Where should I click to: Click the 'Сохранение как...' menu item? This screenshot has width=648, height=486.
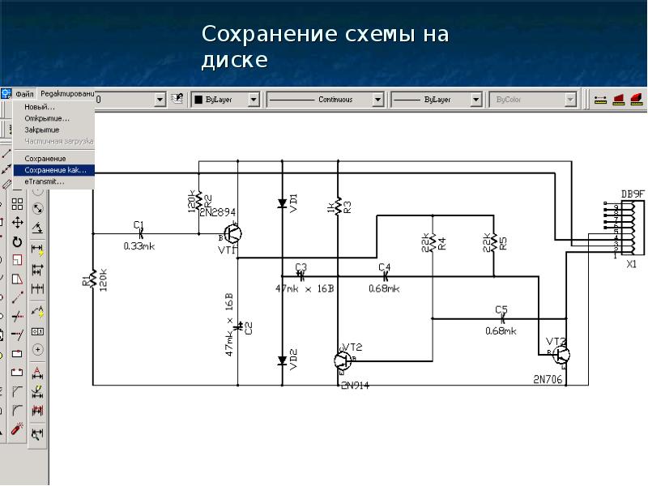(x=55, y=170)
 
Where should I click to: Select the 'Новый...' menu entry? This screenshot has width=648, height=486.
(x=40, y=107)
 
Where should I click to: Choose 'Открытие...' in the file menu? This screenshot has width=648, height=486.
(x=46, y=118)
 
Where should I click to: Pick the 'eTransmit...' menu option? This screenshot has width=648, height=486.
(x=45, y=182)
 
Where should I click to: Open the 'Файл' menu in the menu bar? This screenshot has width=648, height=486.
(x=24, y=94)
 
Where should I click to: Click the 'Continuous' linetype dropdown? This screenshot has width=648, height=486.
(x=325, y=100)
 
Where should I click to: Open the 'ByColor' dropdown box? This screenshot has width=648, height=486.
(x=534, y=100)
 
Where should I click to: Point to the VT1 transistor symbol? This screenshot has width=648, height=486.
(x=232, y=234)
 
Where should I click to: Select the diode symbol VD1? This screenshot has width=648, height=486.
(x=283, y=203)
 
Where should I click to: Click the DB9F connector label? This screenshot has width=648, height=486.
(x=633, y=194)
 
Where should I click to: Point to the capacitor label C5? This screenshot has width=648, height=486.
(x=501, y=309)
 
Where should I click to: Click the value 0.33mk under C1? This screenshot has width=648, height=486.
(x=139, y=245)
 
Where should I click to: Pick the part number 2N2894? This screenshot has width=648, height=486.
(x=218, y=212)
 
